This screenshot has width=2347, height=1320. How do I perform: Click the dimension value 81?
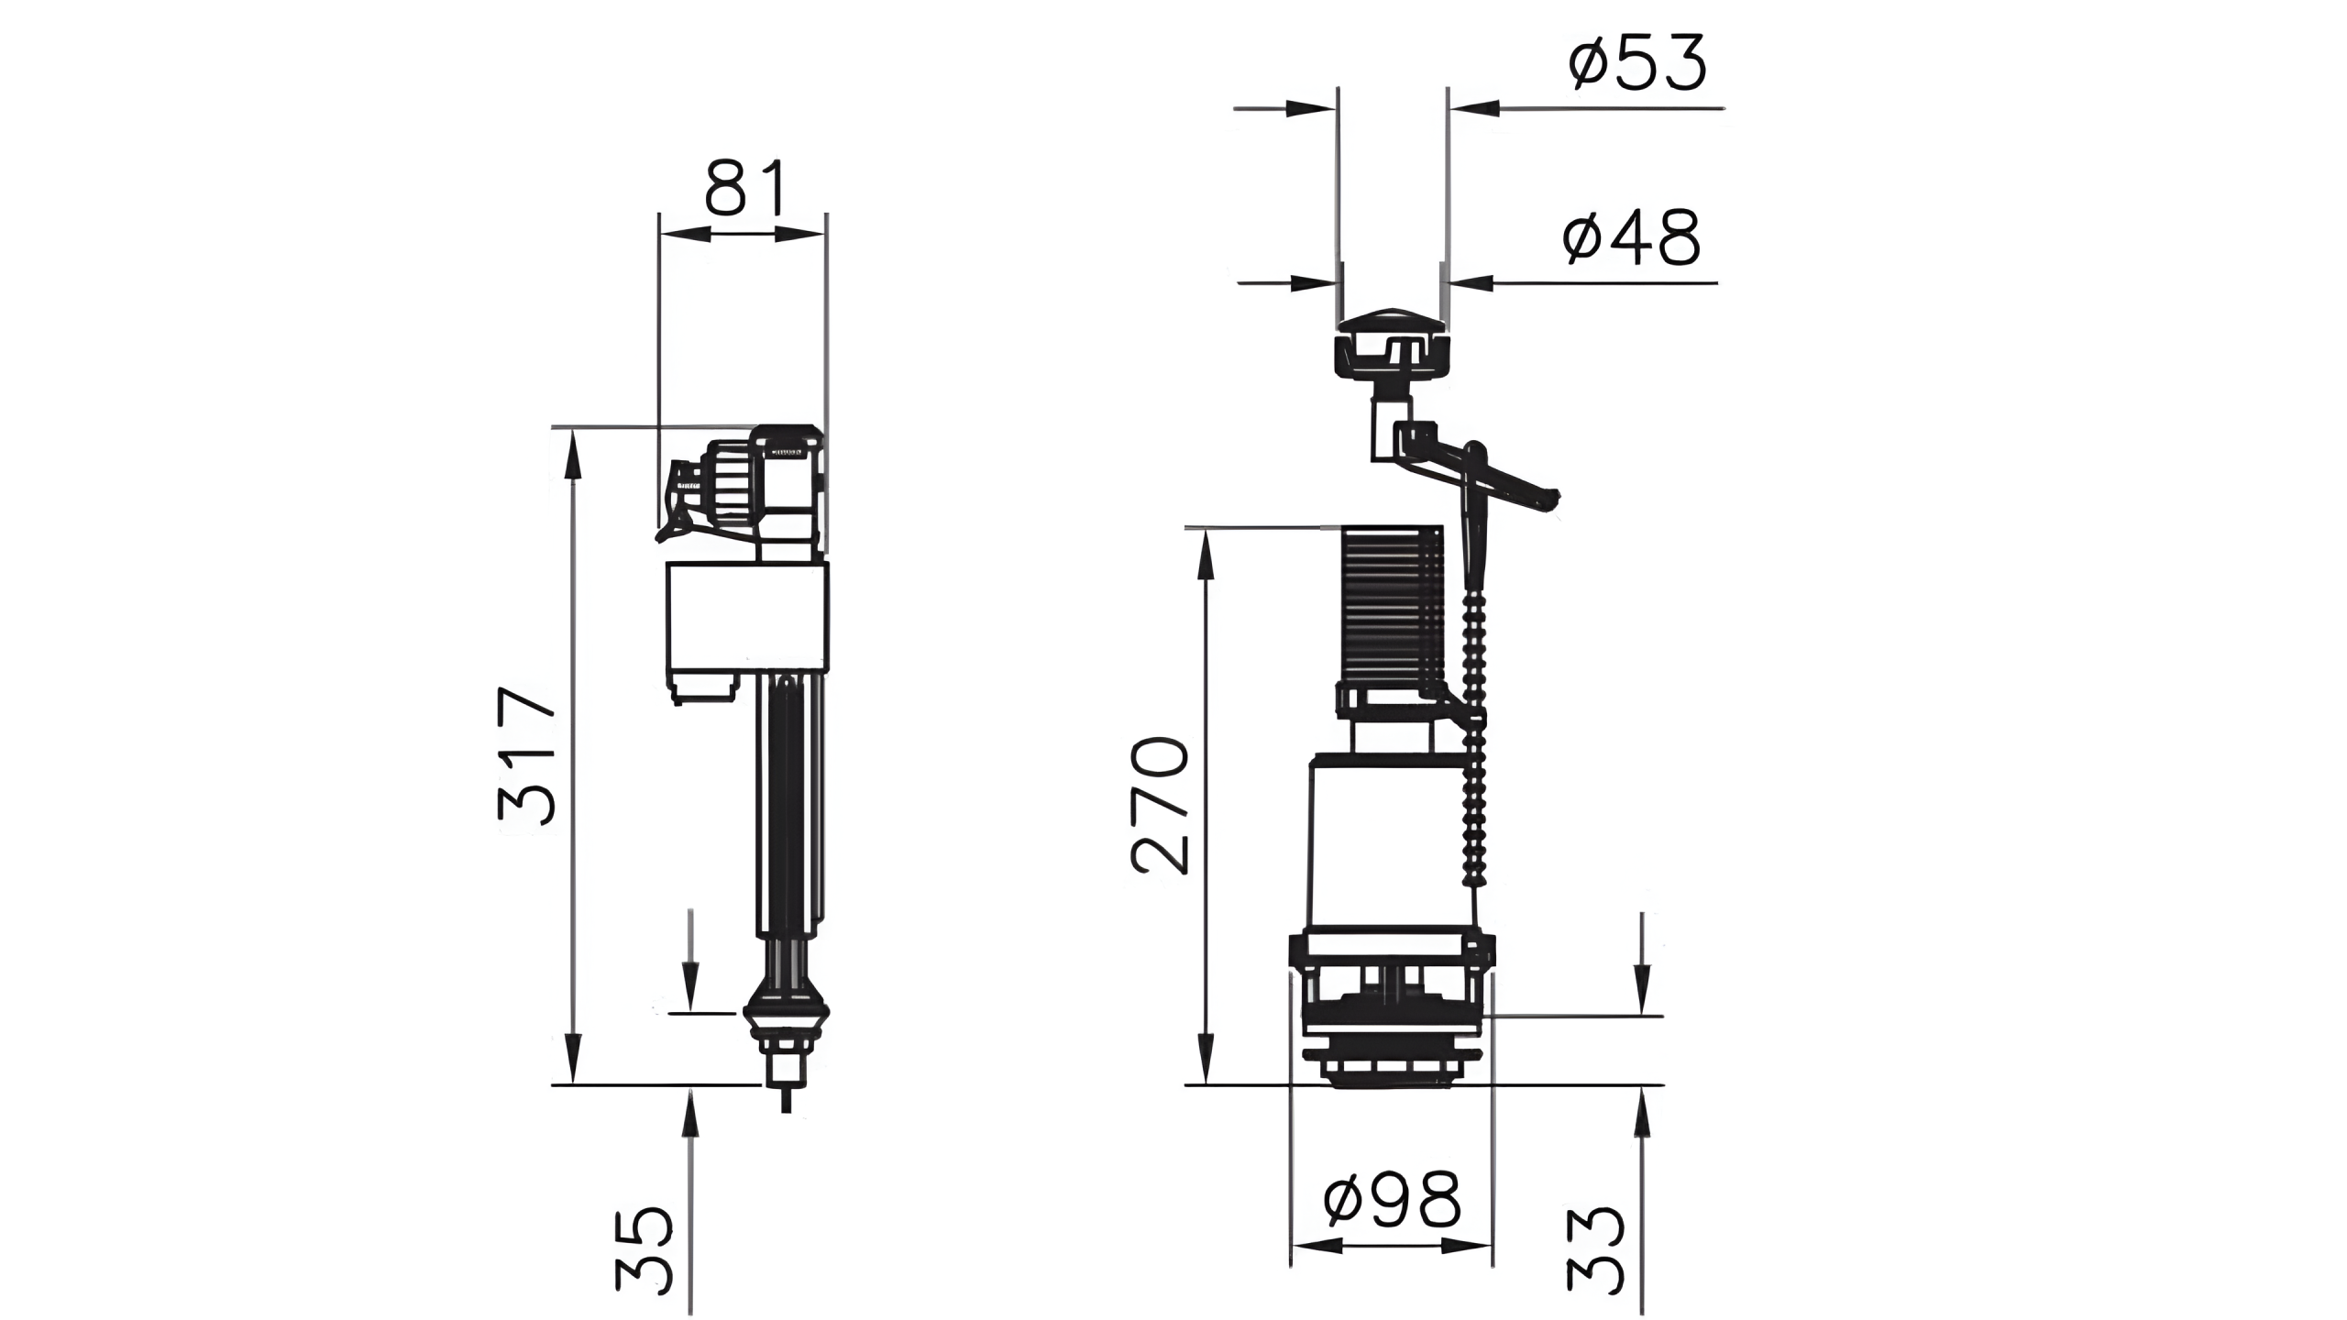point(745,189)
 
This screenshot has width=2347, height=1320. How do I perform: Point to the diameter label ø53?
point(1636,62)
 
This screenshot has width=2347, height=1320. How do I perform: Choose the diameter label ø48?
point(1631,236)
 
